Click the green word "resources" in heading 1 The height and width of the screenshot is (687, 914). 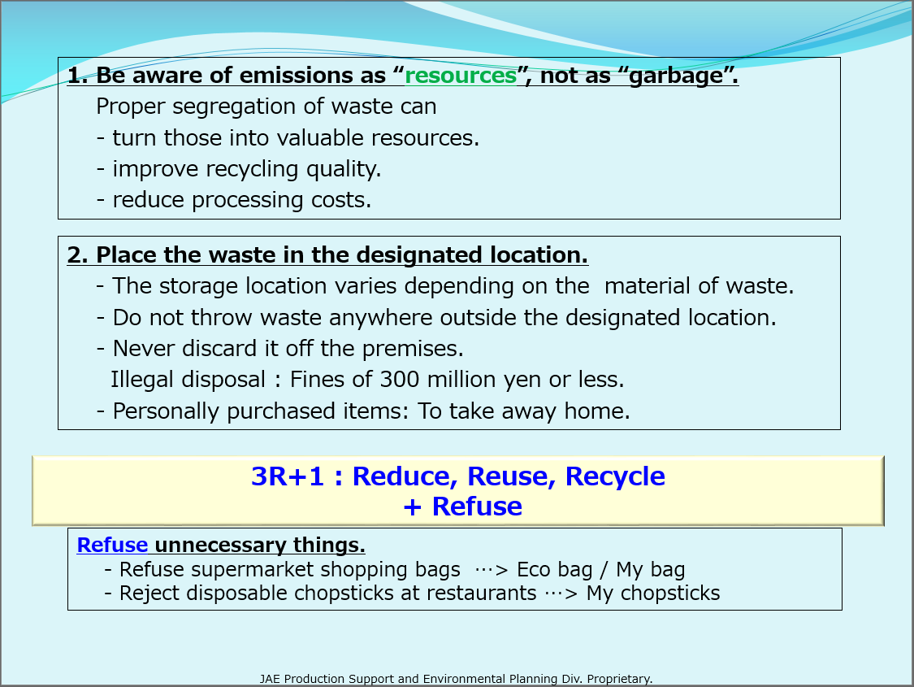tap(461, 76)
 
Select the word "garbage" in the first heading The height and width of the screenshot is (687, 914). tap(676, 76)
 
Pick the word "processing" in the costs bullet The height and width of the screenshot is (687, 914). tap(248, 201)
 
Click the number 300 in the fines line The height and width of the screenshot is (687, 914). tap(399, 379)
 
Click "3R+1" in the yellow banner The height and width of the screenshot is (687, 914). tap(288, 476)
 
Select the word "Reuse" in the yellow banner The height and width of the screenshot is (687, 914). tap(511, 476)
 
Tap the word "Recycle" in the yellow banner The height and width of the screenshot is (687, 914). tap(615, 477)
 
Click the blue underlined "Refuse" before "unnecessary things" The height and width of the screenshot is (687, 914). tap(112, 546)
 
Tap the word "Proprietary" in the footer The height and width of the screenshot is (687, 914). tap(619, 679)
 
